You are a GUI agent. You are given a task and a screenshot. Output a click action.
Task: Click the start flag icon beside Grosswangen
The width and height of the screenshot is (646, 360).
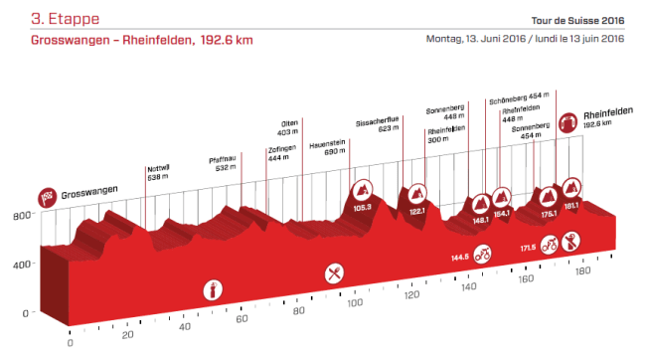click(x=46, y=196)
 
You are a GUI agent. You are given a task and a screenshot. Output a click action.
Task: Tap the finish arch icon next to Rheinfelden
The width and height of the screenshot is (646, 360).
click(x=569, y=123)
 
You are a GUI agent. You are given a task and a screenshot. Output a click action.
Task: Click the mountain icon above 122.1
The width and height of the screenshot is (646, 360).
click(x=417, y=193)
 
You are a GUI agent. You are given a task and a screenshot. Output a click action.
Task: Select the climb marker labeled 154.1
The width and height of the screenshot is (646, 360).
click(x=501, y=199)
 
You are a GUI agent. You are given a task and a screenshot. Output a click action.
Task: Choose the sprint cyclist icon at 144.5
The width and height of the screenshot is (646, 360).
click(x=483, y=256)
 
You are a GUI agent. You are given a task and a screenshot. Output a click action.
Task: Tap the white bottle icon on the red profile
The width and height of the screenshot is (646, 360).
click(x=211, y=290)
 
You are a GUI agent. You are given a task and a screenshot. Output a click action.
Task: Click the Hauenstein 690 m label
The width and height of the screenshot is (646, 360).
click(x=327, y=149)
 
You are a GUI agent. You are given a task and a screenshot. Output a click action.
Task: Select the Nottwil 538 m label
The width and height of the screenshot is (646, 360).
click(x=159, y=171)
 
